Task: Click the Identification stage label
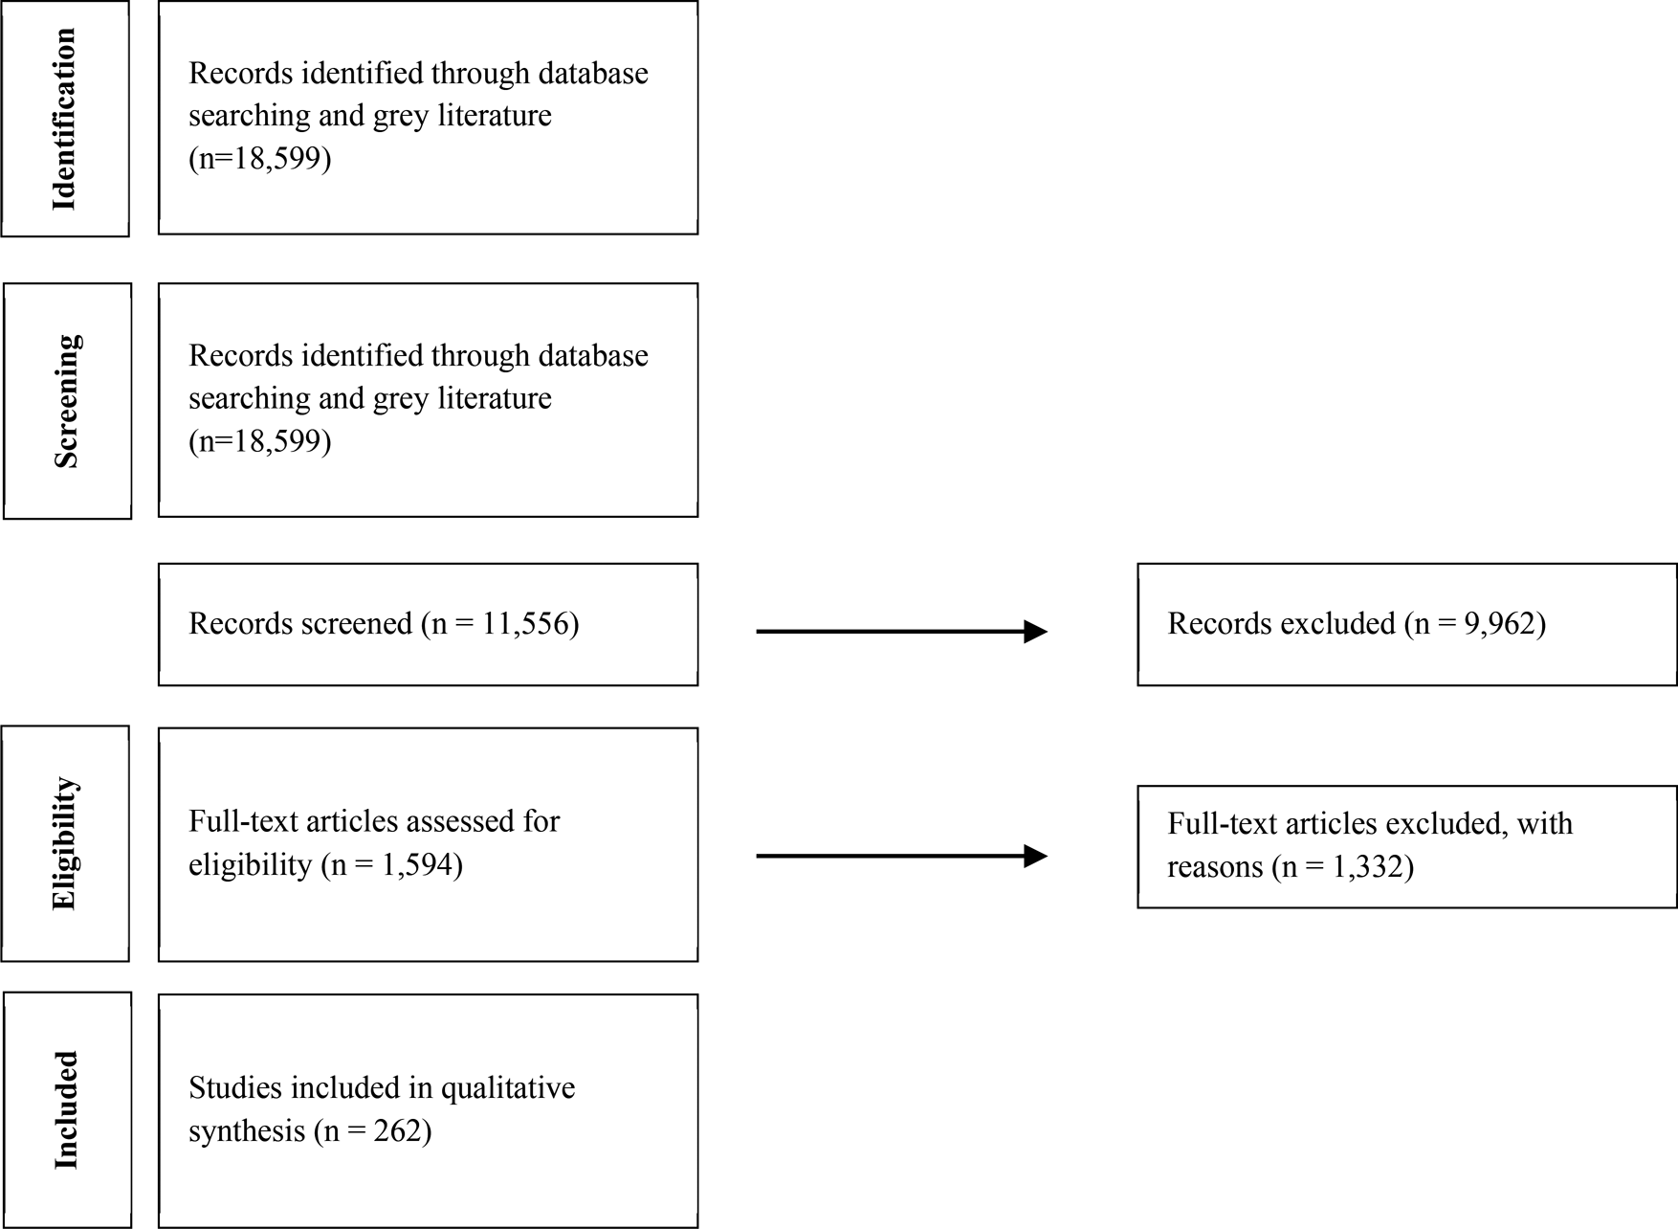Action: point(64,119)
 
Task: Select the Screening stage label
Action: point(66,401)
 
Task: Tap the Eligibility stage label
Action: point(64,843)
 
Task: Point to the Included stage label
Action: point(66,1110)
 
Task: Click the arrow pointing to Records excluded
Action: point(901,632)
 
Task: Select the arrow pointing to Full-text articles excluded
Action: point(901,856)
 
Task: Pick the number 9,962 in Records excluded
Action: point(1502,624)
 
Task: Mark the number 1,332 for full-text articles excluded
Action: point(1369,867)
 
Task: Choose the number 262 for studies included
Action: point(401,1131)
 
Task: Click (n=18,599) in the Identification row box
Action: point(260,158)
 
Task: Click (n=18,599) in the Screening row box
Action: point(260,441)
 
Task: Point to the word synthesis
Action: point(246,1131)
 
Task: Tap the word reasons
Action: point(1215,867)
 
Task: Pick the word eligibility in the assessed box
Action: point(250,865)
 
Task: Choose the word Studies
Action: point(235,1088)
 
